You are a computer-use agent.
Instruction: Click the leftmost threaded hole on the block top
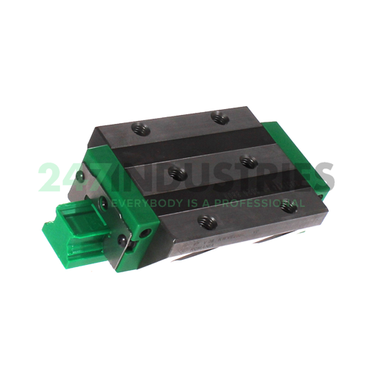139,131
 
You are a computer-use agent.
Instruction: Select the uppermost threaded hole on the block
218,116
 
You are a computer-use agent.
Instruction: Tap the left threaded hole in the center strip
177,172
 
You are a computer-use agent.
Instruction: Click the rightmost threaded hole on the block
291,207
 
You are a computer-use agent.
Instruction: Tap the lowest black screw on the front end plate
122,239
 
